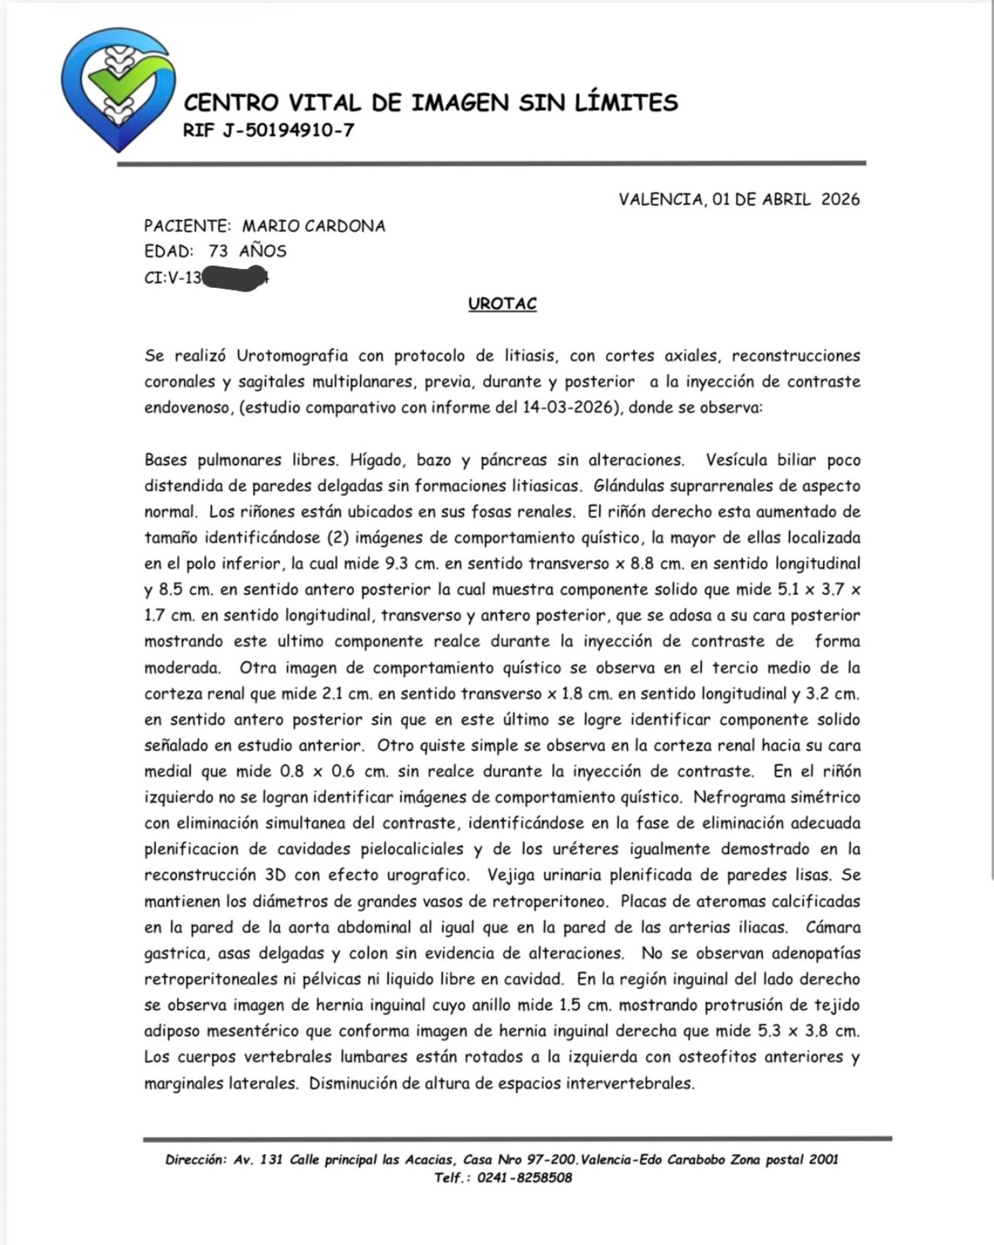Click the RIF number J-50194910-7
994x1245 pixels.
[288, 130]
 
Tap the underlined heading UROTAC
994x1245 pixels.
[502, 304]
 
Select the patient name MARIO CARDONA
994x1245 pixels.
[313, 226]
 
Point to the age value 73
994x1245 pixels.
[218, 252]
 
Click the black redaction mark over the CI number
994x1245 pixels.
[235, 278]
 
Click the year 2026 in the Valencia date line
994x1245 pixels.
[840, 200]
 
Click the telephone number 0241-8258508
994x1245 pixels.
[524, 1178]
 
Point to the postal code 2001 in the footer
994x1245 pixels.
[823, 1160]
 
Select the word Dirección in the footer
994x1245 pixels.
[195, 1160]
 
